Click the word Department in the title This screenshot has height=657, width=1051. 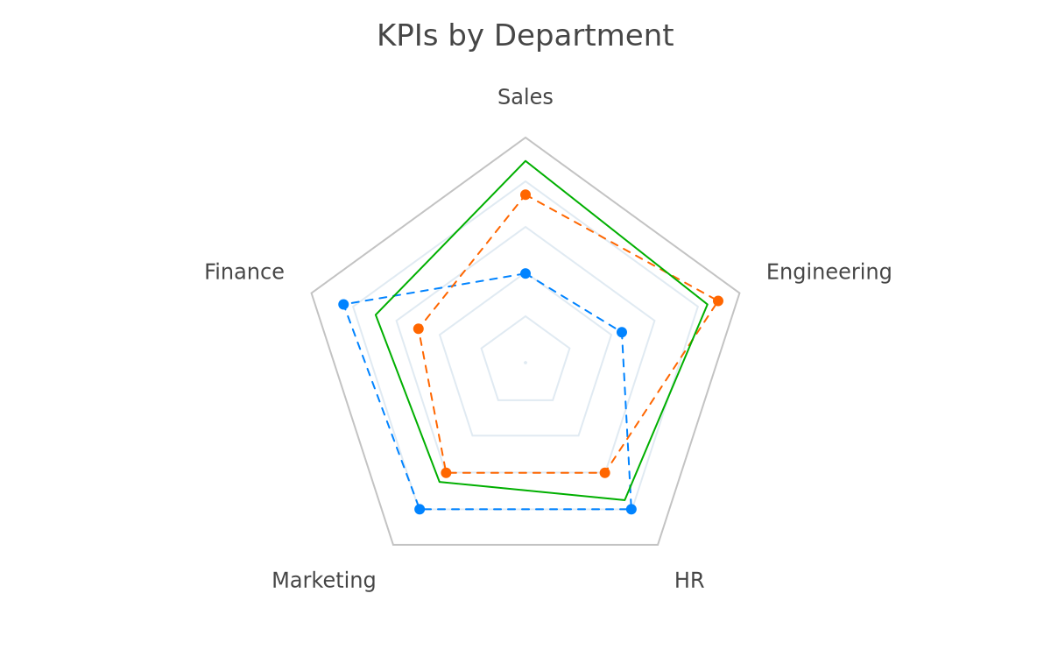pos(584,37)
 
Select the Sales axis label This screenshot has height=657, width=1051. pos(525,97)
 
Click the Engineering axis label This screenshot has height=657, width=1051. pos(829,272)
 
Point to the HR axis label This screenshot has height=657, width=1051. pos(689,581)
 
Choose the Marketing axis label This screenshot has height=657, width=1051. pos(324,581)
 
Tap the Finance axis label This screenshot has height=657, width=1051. pos(244,272)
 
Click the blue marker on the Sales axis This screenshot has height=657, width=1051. pos(525,273)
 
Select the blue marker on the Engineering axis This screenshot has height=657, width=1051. pos(622,333)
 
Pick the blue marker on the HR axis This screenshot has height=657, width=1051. pos(631,509)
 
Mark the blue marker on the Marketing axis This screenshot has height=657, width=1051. pos(420,509)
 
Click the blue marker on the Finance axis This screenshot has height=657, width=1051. pos(343,305)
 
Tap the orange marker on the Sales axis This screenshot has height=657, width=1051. pos(525,194)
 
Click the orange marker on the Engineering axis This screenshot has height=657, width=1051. pos(718,300)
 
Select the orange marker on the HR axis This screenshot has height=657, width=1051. pos(605,472)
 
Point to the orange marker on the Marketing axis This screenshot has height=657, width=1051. pos(446,472)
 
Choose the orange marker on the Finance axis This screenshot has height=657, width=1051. pos(419,329)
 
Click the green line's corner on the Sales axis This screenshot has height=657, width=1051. pos(525,161)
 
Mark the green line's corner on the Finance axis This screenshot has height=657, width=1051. pos(376,314)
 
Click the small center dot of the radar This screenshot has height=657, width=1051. pos(525,363)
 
